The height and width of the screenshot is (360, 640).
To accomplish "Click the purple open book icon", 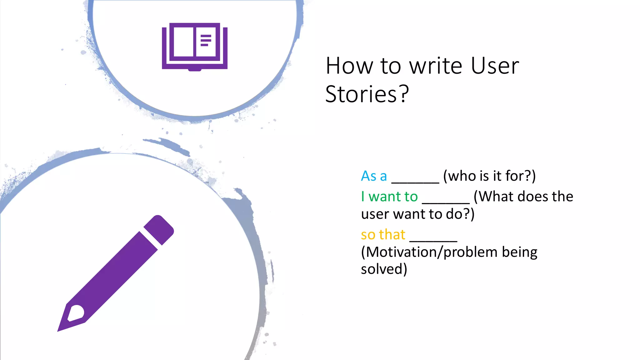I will (x=194, y=46).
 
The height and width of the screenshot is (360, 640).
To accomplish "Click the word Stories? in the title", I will (x=367, y=94).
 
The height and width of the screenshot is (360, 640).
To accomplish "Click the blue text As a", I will (x=374, y=176).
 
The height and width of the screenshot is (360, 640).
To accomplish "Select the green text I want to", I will (x=389, y=197).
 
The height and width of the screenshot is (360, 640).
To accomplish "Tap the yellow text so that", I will (x=383, y=235).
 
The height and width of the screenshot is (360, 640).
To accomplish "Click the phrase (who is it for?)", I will (x=489, y=176).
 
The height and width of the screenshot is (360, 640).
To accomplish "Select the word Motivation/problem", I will (x=429, y=252).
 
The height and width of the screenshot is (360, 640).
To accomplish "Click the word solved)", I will (x=384, y=269).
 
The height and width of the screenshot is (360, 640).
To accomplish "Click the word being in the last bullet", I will (x=519, y=252).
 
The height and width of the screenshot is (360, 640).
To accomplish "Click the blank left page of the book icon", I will (x=183, y=42).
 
